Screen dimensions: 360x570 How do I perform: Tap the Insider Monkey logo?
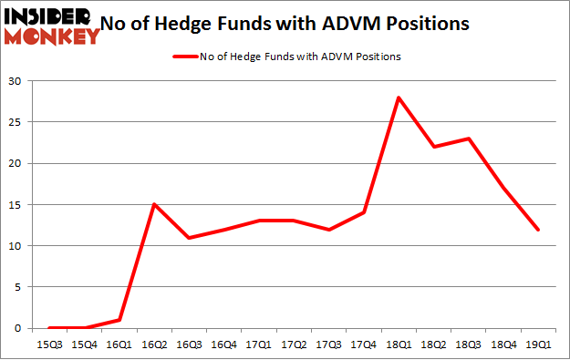click(x=52, y=26)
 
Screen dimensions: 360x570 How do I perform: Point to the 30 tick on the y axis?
click(x=16, y=81)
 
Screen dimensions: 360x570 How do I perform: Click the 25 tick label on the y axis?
click(x=16, y=122)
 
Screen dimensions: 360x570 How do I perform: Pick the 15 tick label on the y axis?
click(x=16, y=204)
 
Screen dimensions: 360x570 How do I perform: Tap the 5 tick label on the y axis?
click(x=18, y=287)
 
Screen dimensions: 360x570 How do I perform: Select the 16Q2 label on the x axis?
click(x=154, y=345)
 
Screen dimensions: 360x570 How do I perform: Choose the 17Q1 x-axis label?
click(x=258, y=345)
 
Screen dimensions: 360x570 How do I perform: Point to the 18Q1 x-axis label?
click(x=399, y=345)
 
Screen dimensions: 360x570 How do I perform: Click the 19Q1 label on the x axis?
click(x=539, y=345)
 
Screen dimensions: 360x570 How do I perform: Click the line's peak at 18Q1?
click(x=399, y=98)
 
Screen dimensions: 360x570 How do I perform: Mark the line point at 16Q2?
click(x=154, y=204)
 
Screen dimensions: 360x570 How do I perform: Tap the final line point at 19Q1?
click(x=539, y=229)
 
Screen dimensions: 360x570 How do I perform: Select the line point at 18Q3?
click(x=469, y=139)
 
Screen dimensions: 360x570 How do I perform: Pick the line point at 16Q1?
click(x=119, y=320)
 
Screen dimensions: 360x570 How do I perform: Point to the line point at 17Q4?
click(x=364, y=212)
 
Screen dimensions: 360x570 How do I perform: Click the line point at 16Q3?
click(x=189, y=237)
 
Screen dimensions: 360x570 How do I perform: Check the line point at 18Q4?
click(x=503, y=188)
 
